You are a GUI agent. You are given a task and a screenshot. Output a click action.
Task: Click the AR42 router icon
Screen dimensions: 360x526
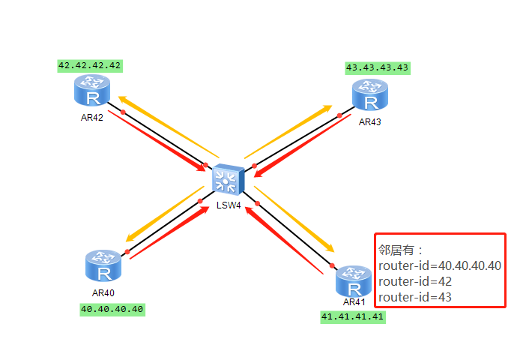pyautogui.click(x=92, y=91)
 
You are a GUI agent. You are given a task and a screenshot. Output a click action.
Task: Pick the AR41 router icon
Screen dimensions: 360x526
pyautogui.click(x=352, y=281)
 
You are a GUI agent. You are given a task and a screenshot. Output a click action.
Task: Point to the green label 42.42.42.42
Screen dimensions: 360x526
pyautogui.click(x=90, y=65)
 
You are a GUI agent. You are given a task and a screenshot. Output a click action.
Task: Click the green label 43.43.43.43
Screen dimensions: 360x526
pyautogui.click(x=378, y=67)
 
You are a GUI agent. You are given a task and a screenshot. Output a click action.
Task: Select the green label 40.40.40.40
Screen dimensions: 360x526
pyautogui.click(x=112, y=308)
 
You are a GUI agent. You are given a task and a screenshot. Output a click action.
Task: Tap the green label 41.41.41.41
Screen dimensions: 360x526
pyautogui.click(x=352, y=316)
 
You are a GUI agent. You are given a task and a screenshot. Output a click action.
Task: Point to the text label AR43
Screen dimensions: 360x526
pyautogui.click(x=370, y=121)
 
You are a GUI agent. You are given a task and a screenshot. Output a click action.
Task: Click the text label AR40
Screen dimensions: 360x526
pyautogui.click(x=103, y=292)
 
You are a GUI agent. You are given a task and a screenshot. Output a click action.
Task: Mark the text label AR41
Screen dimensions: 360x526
pyautogui.click(x=354, y=301)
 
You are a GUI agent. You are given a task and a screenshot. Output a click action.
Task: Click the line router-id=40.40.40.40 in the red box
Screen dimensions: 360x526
pyautogui.click(x=440, y=265)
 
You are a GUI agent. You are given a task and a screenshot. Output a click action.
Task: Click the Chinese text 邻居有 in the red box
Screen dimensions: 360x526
pyautogui.click(x=396, y=250)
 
